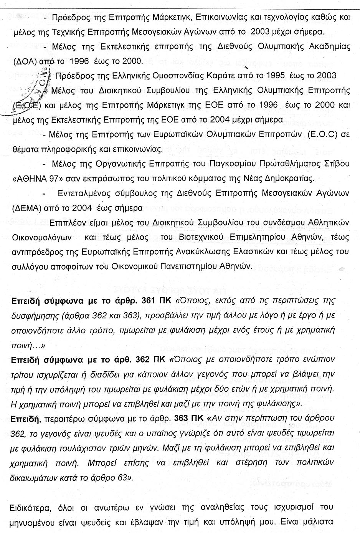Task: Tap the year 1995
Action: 274,76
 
